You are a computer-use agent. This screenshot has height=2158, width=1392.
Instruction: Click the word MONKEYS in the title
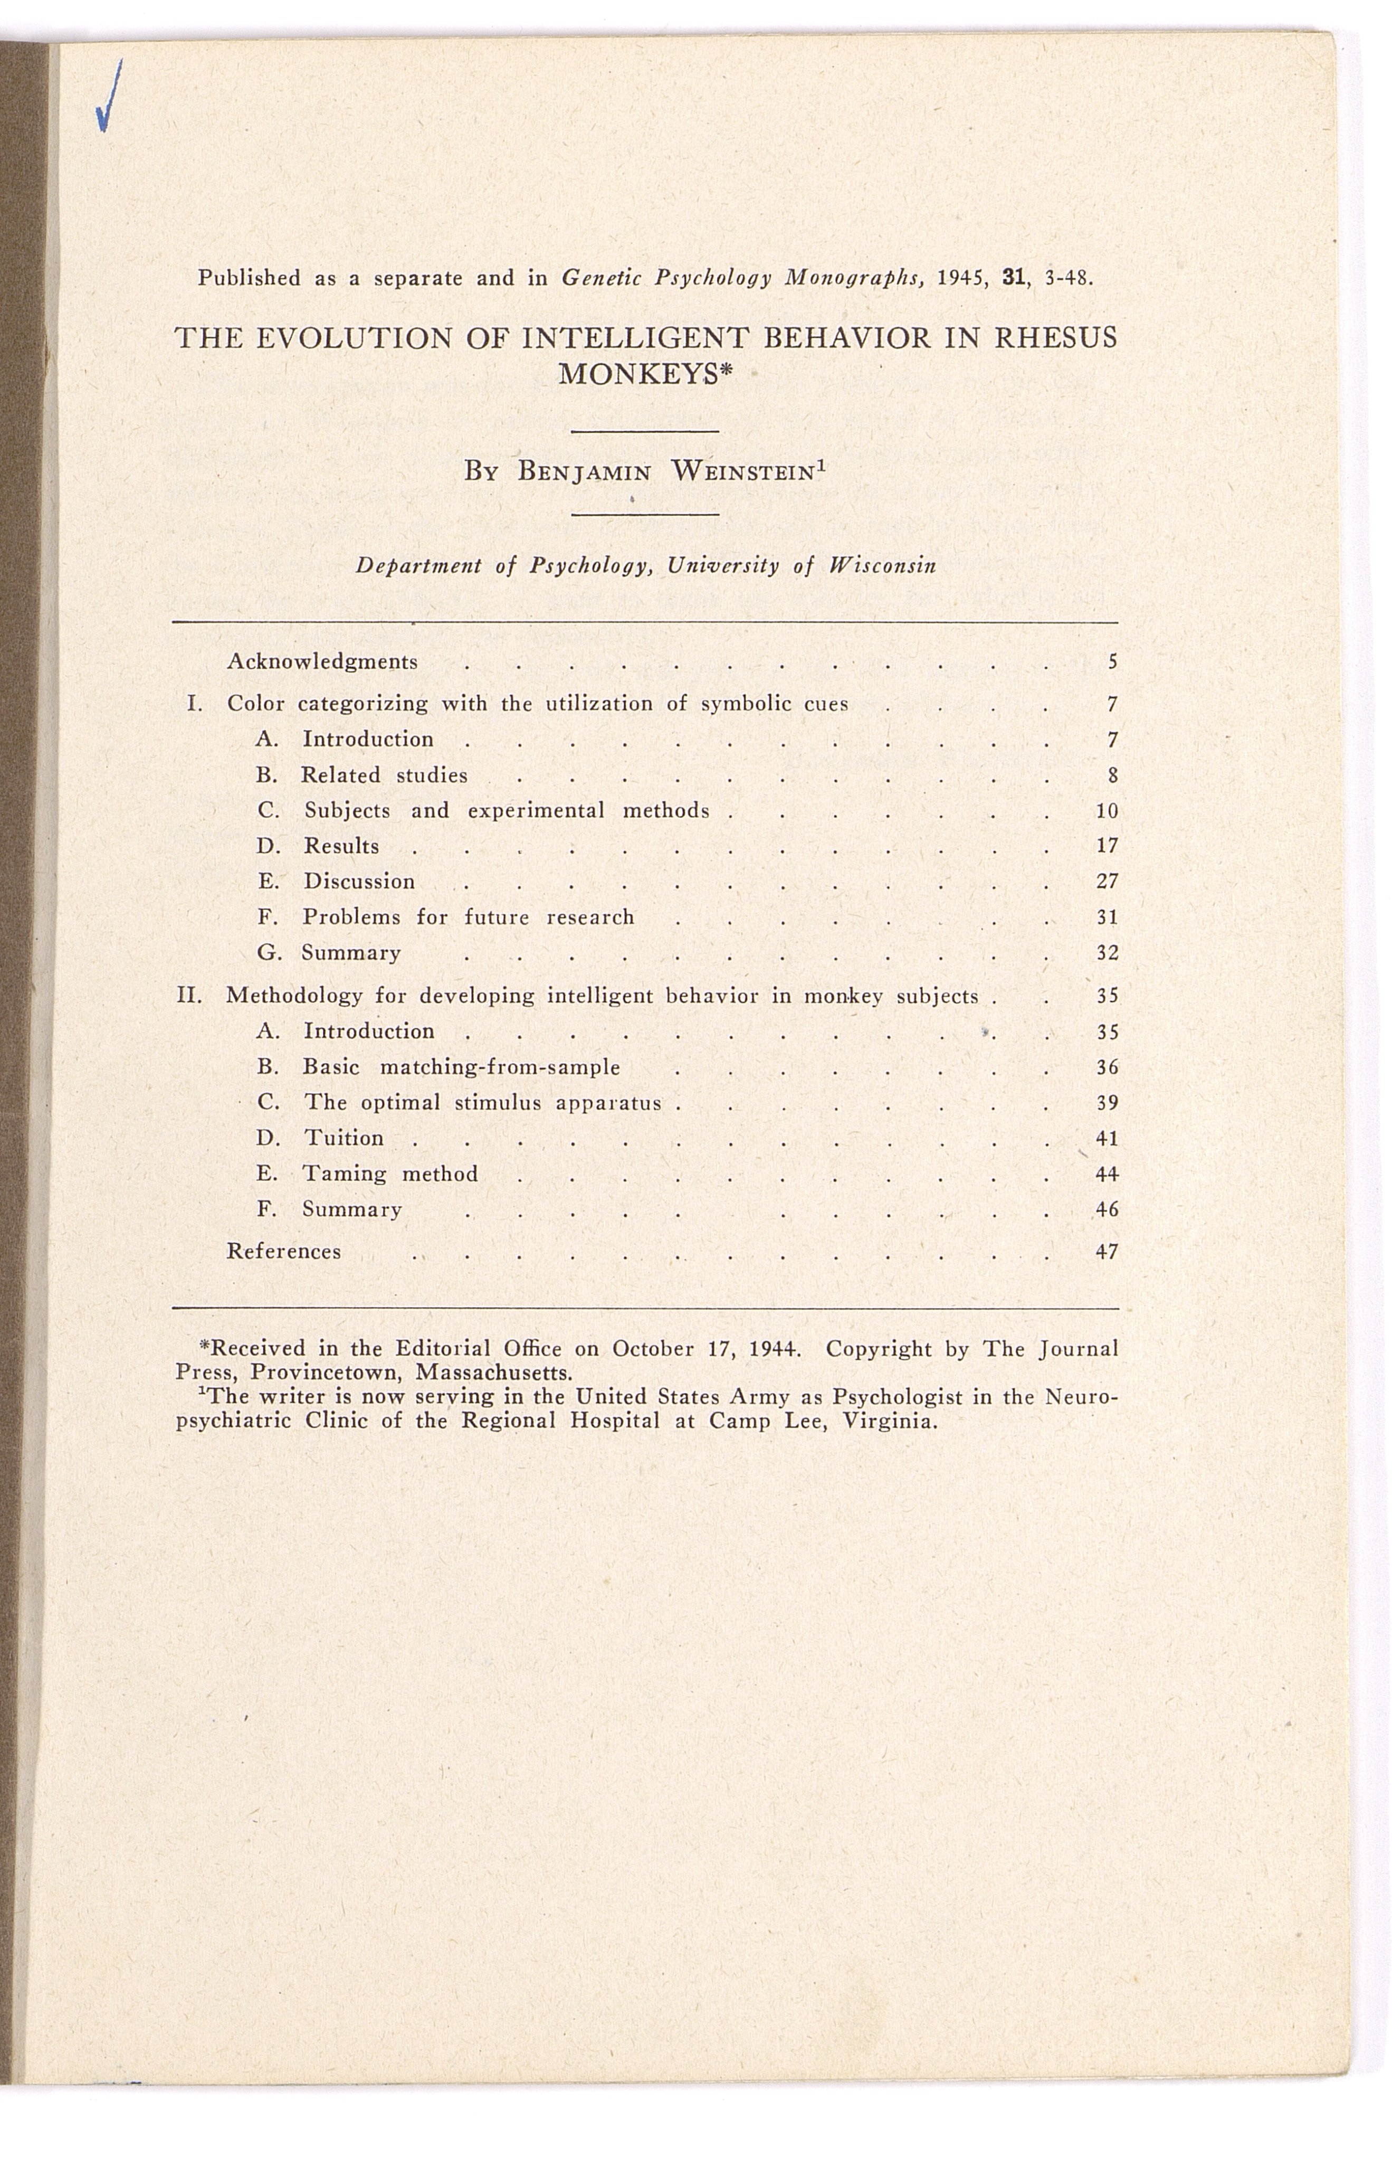(x=638, y=373)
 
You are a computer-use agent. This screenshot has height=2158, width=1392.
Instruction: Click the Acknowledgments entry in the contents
(x=322, y=661)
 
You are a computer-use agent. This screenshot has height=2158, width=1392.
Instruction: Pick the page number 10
(x=1107, y=810)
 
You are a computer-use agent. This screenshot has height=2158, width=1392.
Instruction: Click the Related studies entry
(x=384, y=775)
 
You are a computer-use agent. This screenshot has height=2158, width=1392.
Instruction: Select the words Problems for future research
(x=468, y=917)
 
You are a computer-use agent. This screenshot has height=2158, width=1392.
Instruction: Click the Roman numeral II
(x=188, y=996)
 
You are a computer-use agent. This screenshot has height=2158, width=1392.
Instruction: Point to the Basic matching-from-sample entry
(x=461, y=1067)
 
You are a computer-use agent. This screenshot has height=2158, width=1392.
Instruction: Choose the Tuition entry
(x=344, y=1137)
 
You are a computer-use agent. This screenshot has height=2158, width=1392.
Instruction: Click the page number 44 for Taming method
(x=1107, y=1173)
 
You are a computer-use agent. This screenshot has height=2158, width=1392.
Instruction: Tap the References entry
(x=284, y=1251)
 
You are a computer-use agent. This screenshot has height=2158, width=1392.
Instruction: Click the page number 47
(x=1107, y=1251)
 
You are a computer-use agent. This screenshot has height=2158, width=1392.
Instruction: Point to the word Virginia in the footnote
(x=890, y=1421)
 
